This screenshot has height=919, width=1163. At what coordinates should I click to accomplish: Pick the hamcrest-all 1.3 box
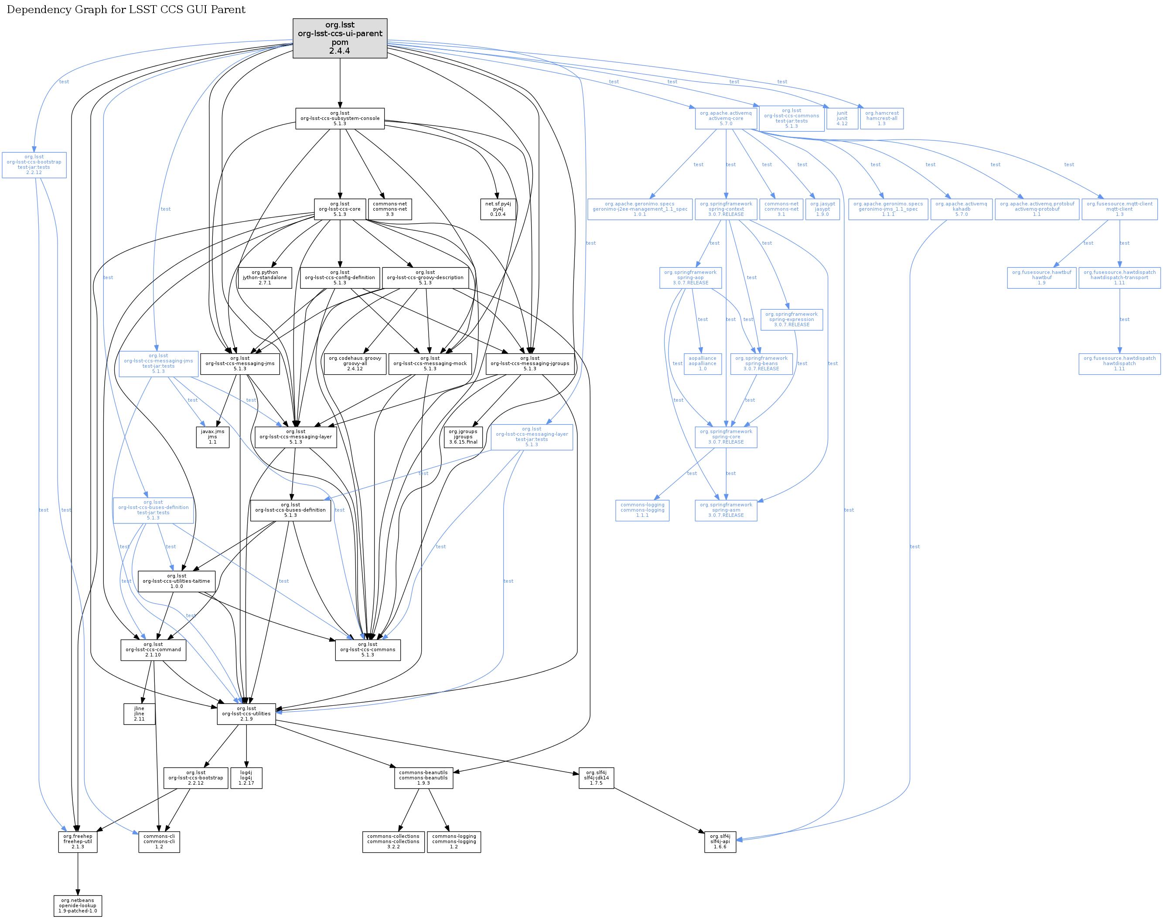[881, 118]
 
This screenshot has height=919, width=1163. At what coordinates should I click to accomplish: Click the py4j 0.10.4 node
[498, 209]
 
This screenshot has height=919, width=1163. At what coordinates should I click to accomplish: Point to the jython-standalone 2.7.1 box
[265, 278]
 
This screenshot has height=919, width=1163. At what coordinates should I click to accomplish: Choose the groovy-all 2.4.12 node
[355, 364]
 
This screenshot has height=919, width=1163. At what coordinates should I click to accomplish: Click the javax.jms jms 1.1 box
[212, 437]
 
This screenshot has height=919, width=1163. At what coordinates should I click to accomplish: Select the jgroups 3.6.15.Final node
[463, 437]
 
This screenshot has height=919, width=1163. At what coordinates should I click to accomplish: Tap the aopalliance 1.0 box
[702, 364]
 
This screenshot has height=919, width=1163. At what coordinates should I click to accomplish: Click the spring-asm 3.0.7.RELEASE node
[726, 510]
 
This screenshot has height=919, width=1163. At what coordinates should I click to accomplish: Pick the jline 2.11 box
[139, 714]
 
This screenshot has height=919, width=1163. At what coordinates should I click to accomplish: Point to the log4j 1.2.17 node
[246, 778]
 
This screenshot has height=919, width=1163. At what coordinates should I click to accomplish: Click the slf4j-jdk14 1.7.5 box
[596, 778]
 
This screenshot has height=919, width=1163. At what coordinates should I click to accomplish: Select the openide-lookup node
[78, 905]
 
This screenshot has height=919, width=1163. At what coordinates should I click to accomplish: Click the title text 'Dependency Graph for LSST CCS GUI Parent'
[126, 10]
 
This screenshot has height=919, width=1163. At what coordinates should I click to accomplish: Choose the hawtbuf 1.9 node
[1041, 278]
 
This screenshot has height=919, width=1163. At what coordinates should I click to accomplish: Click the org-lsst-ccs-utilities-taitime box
[177, 581]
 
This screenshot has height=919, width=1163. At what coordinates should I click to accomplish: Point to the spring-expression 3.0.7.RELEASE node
[791, 320]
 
